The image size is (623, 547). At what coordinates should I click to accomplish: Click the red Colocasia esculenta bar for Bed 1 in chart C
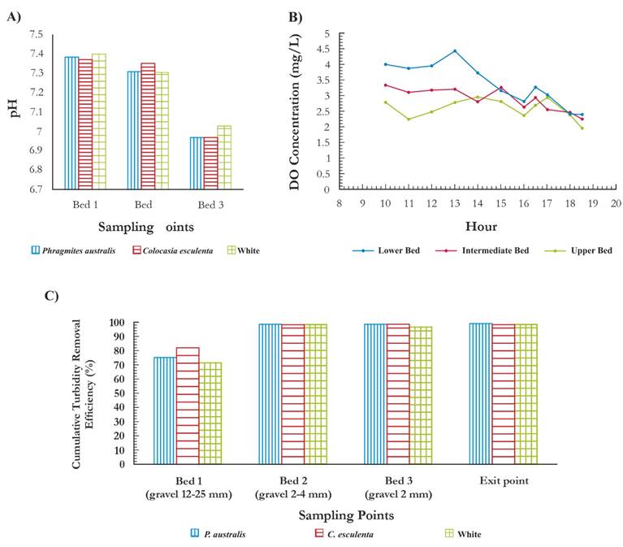[x=188, y=406]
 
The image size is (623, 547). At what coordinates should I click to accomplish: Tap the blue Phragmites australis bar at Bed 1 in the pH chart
[x=71, y=123]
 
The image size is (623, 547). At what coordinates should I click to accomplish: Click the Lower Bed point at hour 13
[x=455, y=50]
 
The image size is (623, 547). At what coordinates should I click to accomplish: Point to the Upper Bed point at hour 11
[x=409, y=119]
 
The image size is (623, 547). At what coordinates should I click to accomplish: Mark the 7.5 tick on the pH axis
[x=37, y=34]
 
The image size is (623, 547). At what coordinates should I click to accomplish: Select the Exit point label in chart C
[x=504, y=481]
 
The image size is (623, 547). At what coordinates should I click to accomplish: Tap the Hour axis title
[x=482, y=226]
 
